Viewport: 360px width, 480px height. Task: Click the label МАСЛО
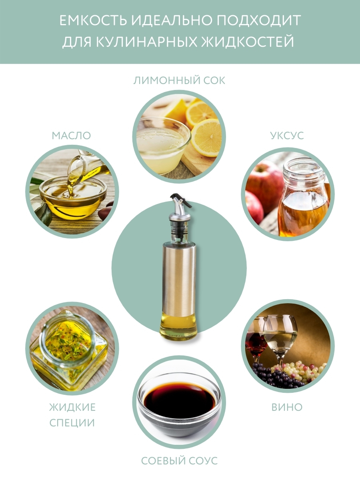click(x=71, y=136)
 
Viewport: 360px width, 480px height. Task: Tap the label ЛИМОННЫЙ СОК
click(x=179, y=80)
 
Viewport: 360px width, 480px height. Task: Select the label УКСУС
click(x=287, y=136)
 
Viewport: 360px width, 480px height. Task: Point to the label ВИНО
click(x=287, y=407)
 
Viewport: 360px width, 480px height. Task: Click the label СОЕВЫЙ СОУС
click(x=180, y=461)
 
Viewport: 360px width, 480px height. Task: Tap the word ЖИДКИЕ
click(x=72, y=407)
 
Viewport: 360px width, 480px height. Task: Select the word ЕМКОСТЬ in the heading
click(x=93, y=20)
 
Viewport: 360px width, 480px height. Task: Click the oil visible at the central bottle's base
click(x=179, y=327)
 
